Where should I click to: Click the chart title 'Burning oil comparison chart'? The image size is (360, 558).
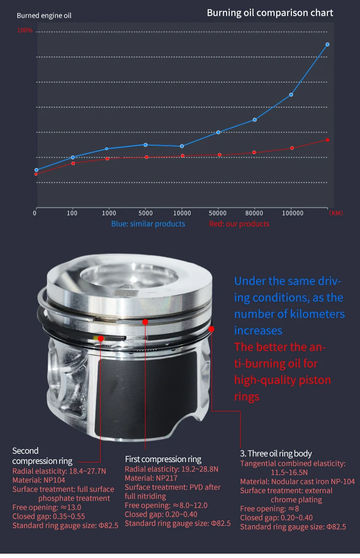click(x=270, y=13)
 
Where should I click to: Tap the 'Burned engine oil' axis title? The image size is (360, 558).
click(x=44, y=16)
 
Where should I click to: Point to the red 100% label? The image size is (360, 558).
click(x=25, y=30)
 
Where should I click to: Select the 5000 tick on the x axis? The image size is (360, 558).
click(x=145, y=213)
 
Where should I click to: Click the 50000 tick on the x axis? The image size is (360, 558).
click(x=218, y=213)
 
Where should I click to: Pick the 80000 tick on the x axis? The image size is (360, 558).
click(x=254, y=213)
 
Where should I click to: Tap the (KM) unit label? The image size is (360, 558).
click(x=336, y=213)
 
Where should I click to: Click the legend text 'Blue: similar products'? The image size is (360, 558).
click(x=148, y=224)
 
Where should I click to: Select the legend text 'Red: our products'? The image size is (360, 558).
click(x=239, y=224)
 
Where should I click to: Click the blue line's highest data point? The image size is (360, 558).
click(x=327, y=44)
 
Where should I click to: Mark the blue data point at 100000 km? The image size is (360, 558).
click(x=291, y=95)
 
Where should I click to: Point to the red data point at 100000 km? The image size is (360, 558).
click(x=292, y=148)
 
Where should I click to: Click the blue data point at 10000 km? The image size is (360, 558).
click(x=182, y=146)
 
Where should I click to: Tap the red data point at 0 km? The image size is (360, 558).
click(x=36, y=174)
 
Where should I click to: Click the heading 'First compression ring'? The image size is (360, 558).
click(x=163, y=459)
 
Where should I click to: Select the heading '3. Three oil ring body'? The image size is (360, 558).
click(x=276, y=453)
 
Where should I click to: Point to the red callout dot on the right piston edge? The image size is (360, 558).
click(x=211, y=329)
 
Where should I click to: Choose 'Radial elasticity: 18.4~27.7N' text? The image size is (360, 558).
click(x=59, y=472)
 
